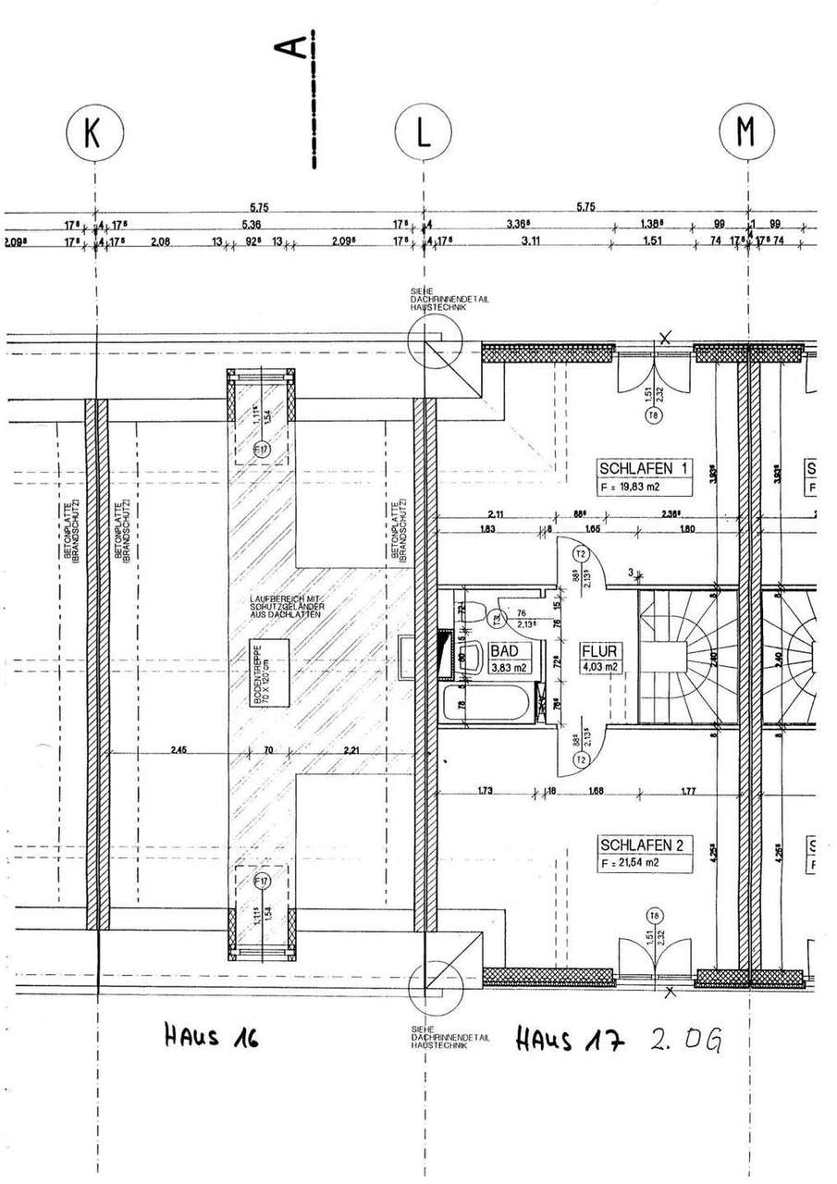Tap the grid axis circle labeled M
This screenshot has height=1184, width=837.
pyautogui.click(x=745, y=134)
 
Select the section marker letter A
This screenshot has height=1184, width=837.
pyautogui.click(x=294, y=48)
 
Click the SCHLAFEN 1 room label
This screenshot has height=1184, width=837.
pyautogui.click(x=643, y=469)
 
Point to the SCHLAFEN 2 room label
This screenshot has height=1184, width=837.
pyautogui.click(x=641, y=845)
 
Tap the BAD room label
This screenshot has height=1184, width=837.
pyautogui.click(x=505, y=651)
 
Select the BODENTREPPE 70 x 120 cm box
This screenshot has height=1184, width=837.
pyautogui.click(x=266, y=672)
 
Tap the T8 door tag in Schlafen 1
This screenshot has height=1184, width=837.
pyautogui.click(x=655, y=416)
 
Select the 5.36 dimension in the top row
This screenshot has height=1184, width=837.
pyautogui.click(x=250, y=224)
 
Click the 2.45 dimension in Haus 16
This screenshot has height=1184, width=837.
pyautogui.click(x=178, y=749)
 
